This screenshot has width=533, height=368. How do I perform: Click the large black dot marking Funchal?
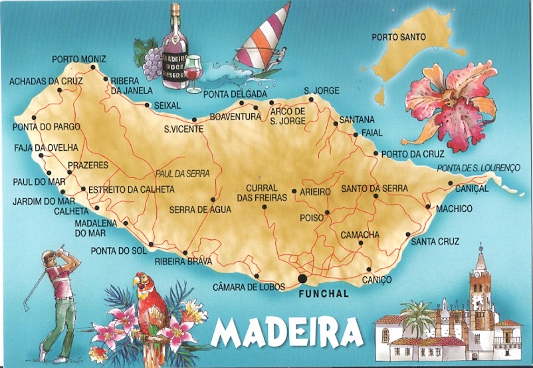point(303,279)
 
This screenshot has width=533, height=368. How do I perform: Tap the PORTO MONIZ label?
point(78,59)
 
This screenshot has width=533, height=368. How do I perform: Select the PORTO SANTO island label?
point(399,37)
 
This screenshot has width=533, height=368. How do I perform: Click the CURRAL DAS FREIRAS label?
point(261,193)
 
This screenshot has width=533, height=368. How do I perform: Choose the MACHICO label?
point(454,209)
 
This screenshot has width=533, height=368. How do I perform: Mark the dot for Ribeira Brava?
point(185,252)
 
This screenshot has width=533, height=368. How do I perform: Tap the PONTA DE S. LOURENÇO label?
point(477,169)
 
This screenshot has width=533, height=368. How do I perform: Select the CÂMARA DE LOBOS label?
point(249,287)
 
